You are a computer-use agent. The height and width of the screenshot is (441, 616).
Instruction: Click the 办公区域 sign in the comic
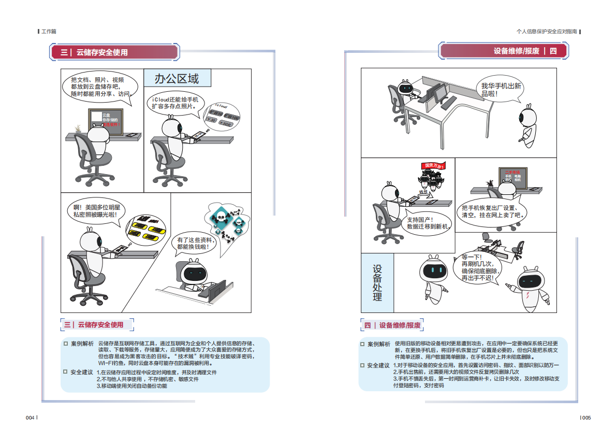coord(177,79)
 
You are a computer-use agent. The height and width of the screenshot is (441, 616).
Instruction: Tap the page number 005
coord(585,418)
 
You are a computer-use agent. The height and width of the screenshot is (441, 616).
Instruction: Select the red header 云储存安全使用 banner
coord(114,52)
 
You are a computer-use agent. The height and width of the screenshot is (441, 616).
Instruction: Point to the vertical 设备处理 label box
coord(377,283)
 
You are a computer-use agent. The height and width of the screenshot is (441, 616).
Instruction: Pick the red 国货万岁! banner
coord(433,165)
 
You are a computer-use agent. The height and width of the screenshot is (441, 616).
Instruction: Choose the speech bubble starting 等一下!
coord(479,267)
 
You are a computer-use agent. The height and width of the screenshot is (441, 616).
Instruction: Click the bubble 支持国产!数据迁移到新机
coord(428,223)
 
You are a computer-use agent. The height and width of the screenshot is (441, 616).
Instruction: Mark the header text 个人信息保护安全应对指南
coord(547,32)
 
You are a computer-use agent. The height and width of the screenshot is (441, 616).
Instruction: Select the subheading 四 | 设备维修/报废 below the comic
coord(392,325)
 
